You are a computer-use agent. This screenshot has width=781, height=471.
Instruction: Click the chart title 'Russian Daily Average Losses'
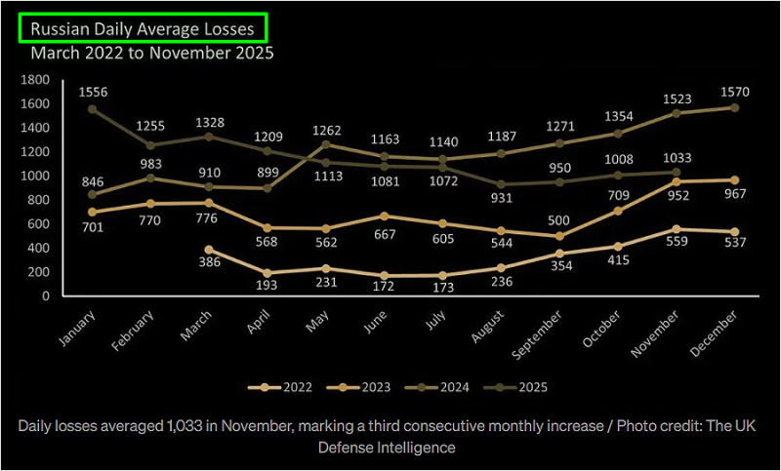click(x=143, y=29)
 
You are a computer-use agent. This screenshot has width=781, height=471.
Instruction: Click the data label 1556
click(x=92, y=93)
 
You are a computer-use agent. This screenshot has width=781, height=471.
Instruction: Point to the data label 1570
click(x=734, y=91)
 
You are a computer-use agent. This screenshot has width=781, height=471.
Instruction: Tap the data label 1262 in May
click(x=328, y=130)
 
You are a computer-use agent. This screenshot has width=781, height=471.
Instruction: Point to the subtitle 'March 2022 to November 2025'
click(x=152, y=53)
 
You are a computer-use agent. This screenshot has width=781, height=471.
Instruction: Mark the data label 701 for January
click(x=92, y=226)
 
